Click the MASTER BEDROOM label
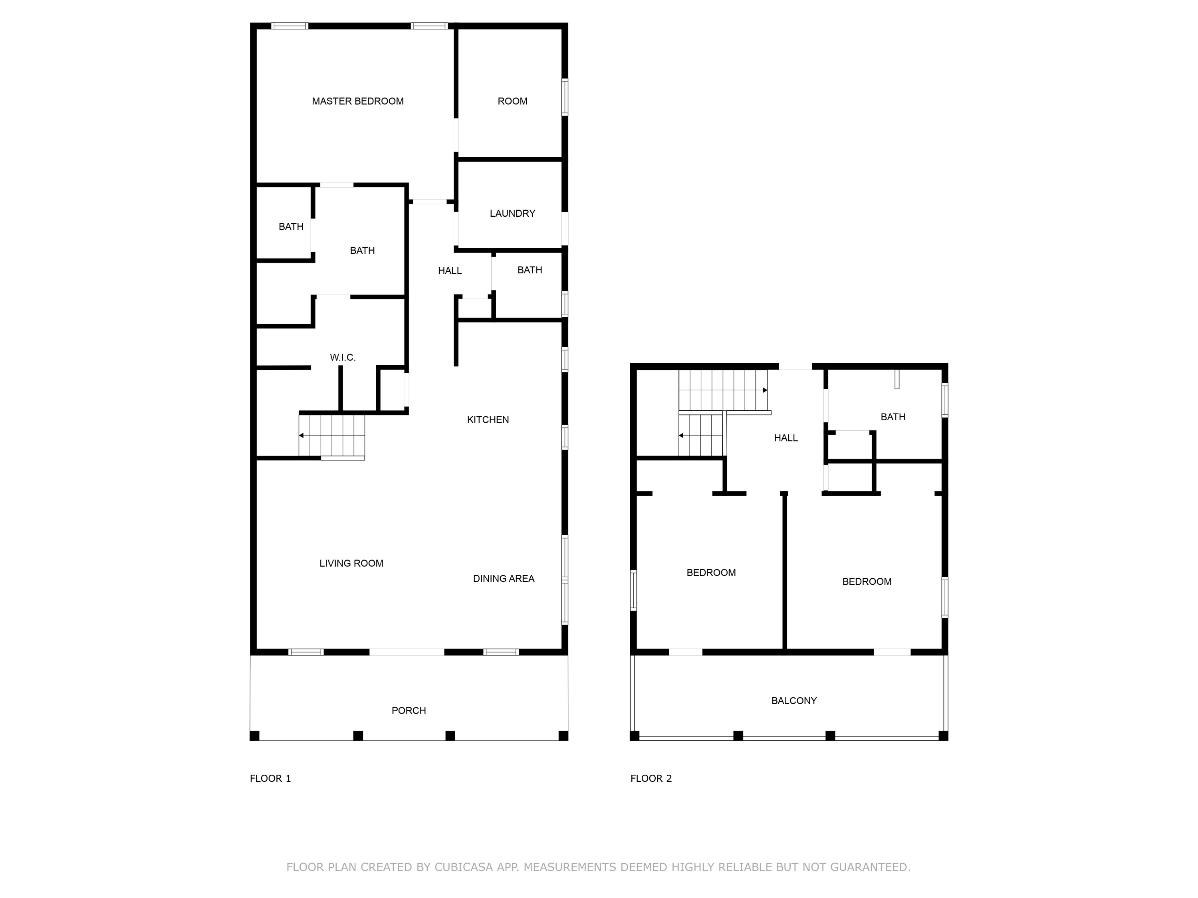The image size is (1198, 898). coord(357,101)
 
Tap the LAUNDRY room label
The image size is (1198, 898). coord(512,213)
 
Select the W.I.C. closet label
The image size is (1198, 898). coord(342,357)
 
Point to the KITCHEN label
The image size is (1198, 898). coord(488,419)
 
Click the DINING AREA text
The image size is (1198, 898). coord(503,579)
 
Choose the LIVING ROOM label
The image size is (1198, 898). coord(351,564)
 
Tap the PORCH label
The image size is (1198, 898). coord(409,711)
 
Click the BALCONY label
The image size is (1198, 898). coord(793,700)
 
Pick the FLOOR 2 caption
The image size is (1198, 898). coord(651,778)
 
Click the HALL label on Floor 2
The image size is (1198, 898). coord(785,438)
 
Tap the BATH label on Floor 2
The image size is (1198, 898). coord(893,417)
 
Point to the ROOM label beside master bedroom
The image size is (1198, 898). coord(512,101)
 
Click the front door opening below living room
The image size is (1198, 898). coord(407,652)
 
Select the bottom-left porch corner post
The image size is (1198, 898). coord(254,736)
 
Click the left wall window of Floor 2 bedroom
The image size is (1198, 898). coord(633,590)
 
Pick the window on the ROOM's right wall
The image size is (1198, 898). coord(564,97)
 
